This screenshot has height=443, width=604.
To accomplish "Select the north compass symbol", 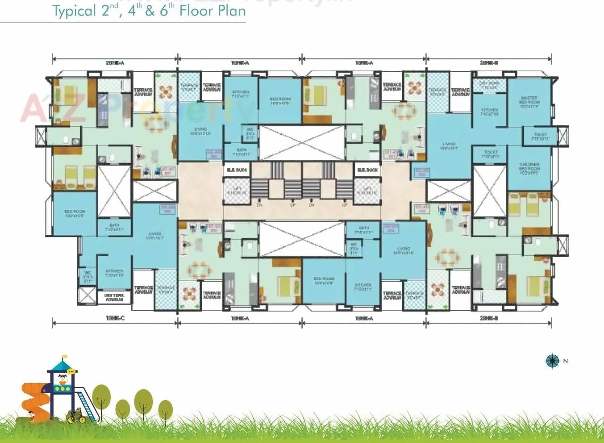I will coord(552,361).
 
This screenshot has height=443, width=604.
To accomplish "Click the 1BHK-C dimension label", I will coord(115,318).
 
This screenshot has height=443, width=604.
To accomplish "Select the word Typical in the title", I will coord(75,10).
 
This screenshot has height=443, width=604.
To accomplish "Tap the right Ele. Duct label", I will coord(367,170).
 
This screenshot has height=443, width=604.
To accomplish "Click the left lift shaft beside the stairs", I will coord(236,192).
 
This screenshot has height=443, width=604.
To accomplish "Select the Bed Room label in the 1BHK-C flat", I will coord(74,214).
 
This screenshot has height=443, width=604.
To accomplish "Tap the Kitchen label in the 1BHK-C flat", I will coord(115,273).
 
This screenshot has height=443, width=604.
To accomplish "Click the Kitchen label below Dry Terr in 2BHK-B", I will coord(489,112).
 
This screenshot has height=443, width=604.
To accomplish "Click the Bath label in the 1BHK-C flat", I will coord(115,227).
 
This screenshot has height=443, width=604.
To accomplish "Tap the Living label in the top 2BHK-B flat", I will coord(448,146).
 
